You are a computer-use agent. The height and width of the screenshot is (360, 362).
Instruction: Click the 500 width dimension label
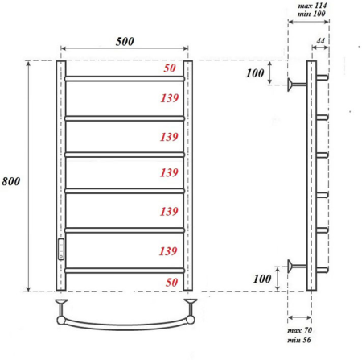125,41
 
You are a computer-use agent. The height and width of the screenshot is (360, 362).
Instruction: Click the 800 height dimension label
11,181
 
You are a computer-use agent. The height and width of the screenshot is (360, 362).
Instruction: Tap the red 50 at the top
170,68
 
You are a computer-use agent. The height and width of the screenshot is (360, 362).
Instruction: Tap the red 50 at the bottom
171,282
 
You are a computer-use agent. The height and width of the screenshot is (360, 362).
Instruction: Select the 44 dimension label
320,41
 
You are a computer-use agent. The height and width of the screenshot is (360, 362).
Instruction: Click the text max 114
312,6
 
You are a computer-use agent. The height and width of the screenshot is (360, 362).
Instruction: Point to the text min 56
299,340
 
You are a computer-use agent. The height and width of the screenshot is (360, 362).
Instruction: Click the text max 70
299,330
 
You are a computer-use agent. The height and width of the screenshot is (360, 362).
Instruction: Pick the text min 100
311,14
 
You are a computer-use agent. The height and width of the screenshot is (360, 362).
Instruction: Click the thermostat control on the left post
61,249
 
